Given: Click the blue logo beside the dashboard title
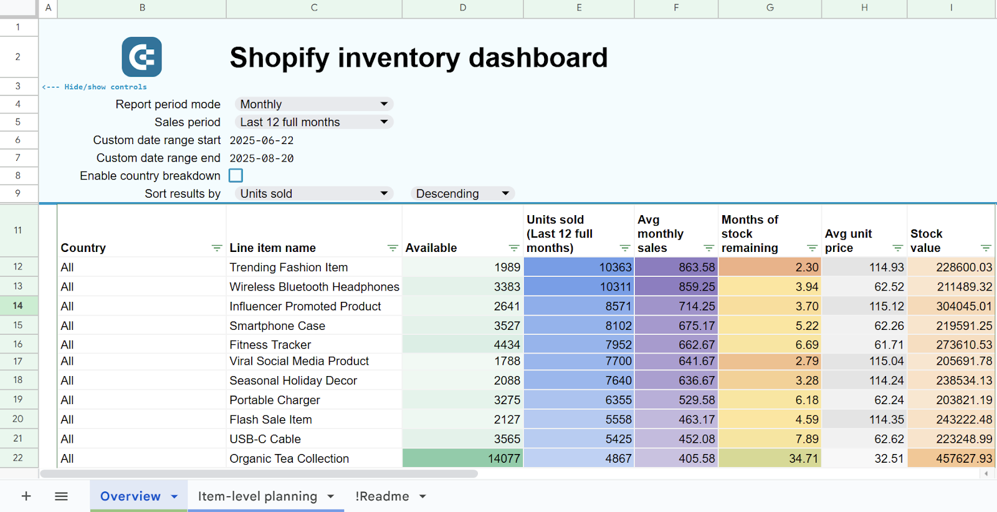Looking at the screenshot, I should click(141, 57).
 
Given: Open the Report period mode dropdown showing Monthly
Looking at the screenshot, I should click(313, 104).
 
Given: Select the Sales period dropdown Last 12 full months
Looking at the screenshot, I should click(313, 122).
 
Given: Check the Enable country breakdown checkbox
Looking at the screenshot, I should click(236, 176).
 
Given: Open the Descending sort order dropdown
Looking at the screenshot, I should click(462, 194).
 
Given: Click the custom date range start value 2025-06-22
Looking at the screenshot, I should click(262, 140).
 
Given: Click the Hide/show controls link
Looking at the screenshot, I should click(95, 87).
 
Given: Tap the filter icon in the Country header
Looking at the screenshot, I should click(216, 248).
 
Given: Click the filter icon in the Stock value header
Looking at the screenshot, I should click(985, 248).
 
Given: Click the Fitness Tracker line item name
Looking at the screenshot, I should click(270, 345).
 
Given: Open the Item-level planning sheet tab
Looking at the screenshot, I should click(257, 496).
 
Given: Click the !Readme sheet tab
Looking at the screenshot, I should click(382, 496).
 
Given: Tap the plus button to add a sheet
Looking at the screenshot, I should click(26, 496).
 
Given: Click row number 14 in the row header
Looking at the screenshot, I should click(18, 306).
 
